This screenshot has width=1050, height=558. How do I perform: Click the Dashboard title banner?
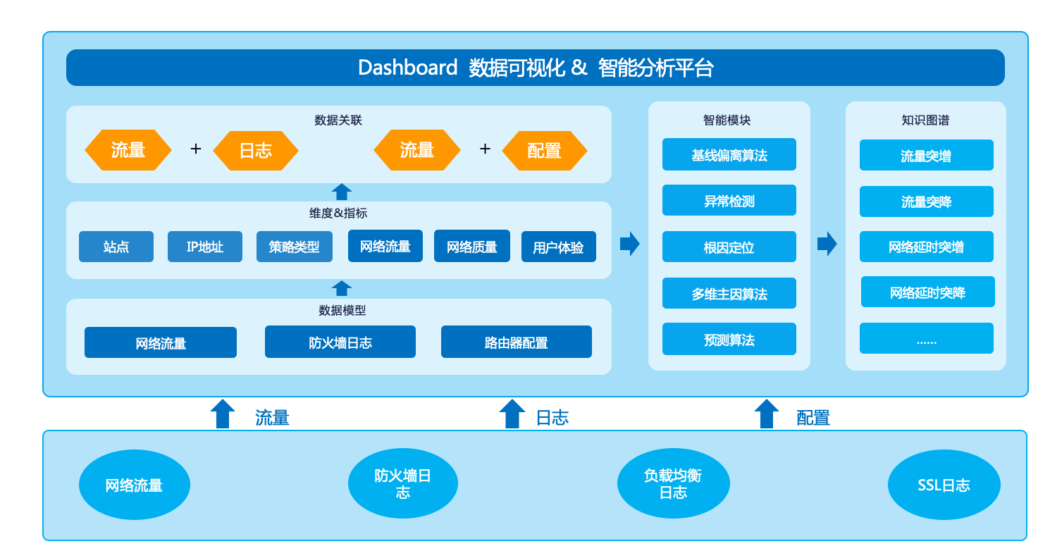[536, 68]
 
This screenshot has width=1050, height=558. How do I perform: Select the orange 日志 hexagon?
[256, 150]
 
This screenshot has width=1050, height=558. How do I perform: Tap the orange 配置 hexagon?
[544, 150]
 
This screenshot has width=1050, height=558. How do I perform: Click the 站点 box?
[116, 247]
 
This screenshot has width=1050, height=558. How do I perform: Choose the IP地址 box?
[205, 247]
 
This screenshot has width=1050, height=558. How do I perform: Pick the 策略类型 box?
[295, 247]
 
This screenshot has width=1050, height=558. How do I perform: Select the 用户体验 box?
[559, 247]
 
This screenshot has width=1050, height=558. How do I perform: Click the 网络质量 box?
[472, 246]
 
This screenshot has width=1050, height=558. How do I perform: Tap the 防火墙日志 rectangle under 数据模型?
[340, 342]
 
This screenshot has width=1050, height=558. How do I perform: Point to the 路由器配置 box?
[516, 342]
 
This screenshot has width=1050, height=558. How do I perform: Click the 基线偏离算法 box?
[729, 154]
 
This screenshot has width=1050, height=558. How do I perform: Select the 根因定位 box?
[729, 247]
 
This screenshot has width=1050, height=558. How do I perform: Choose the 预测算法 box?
[729, 339]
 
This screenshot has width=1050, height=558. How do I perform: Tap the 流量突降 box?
[927, 201]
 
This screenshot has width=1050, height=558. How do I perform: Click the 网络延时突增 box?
[927, 247]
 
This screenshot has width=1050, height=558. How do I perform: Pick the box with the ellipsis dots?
[927, 338]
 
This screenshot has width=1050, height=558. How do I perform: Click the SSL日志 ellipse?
[944, 485]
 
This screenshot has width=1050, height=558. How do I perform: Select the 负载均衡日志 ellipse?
[674, 483]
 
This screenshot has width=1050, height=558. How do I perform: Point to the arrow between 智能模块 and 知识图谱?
[827, 244]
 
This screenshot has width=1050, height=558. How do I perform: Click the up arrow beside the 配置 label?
[767, 414]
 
